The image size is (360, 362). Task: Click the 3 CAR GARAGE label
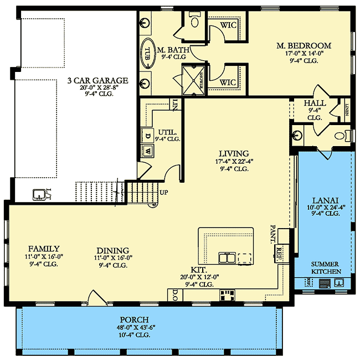[97, 80]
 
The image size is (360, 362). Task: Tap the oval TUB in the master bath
[148, 54]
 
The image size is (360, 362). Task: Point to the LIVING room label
[234, 153]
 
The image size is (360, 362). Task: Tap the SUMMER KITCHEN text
[326, 268]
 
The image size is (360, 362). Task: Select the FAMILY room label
[44, 249]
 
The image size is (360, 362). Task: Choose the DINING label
[112, 250]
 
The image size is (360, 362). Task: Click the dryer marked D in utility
[148, 135]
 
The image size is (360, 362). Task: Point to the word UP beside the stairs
[164, 193]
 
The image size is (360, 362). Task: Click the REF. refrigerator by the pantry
[279, 251]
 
